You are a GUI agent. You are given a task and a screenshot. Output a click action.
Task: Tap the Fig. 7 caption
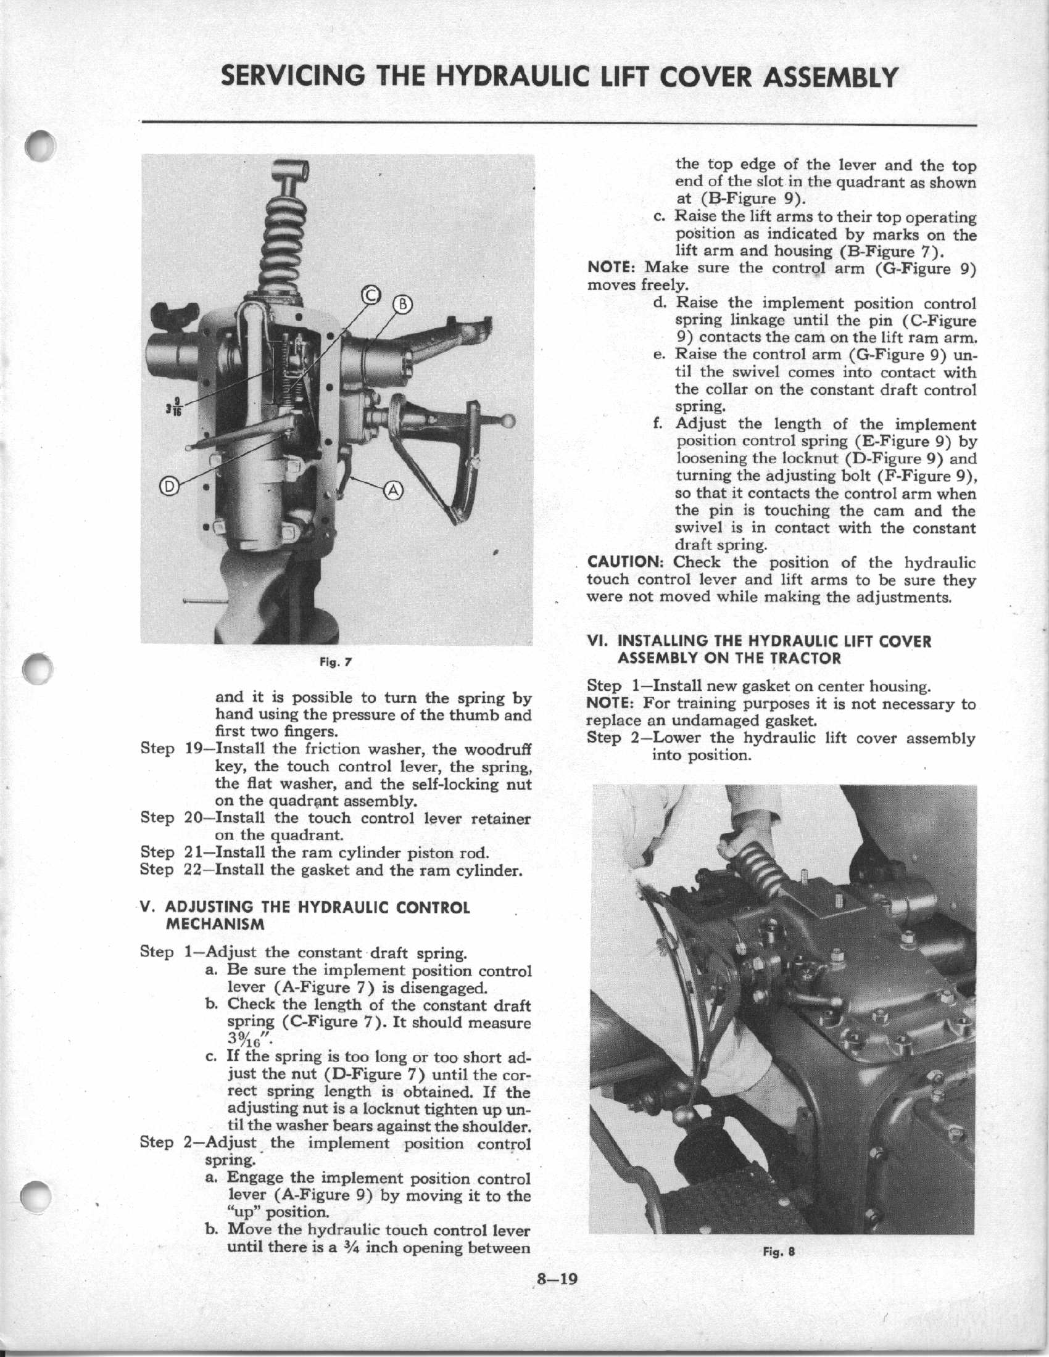(x=336, y=662)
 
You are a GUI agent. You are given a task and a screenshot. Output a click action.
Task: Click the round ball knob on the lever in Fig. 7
(x=509, y=421)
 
